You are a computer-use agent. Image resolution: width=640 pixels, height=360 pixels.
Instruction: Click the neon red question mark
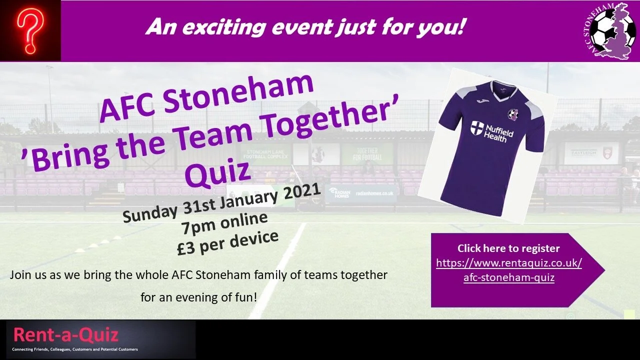[30, 31]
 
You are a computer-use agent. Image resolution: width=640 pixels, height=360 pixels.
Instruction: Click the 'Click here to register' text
[508, 248]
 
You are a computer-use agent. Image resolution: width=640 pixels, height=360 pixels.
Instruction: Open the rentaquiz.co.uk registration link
[509, 270]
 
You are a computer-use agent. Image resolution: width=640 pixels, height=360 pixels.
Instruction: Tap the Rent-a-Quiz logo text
[65, 334]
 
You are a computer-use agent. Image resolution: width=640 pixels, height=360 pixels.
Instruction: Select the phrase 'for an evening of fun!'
[199, 297]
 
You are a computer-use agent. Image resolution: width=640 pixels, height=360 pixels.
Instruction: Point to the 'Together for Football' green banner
[366, 154]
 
